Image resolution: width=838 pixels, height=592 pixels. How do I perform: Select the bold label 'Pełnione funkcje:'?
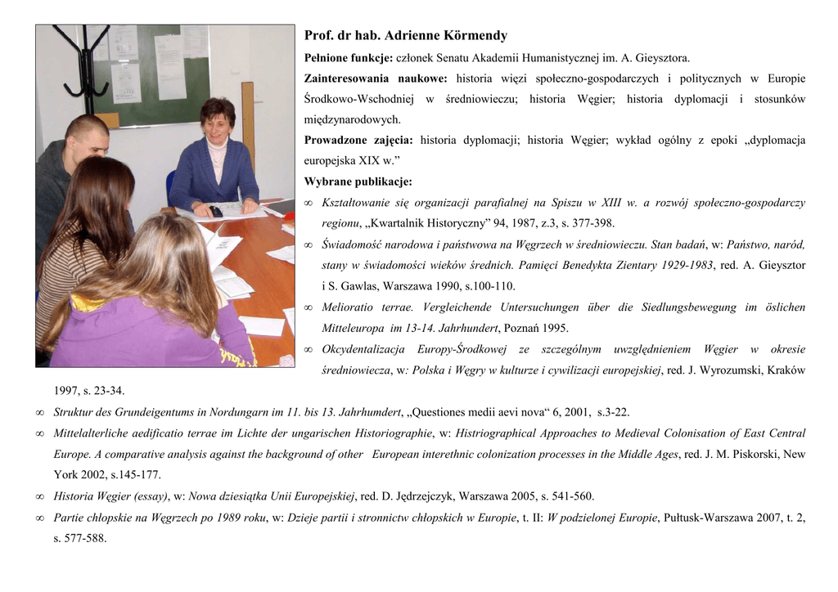pyautogui.click(x=349, y=58)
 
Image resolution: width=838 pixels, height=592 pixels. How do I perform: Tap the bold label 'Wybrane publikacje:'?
pyautogui.click(x=358, y=182)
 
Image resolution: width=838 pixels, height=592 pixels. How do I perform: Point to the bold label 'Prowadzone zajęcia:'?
pyautogui.click(x=358, y=140)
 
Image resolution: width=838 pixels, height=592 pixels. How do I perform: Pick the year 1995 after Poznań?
pyautogui.click(x=553, y=329)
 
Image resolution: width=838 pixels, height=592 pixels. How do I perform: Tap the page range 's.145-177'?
pyautogui.click(x=136, y=475)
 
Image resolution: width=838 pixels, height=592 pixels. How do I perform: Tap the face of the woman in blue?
pyautogui.click(x=217, y=128)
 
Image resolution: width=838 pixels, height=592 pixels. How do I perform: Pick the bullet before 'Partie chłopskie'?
pyautogui.click(x=40, y=518)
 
